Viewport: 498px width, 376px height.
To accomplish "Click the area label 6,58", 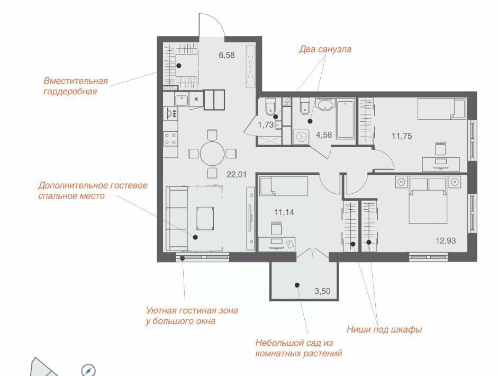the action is coord(227,55).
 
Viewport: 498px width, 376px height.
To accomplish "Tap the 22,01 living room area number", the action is coord(237,174).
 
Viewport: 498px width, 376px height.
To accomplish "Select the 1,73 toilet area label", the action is coord(266,125).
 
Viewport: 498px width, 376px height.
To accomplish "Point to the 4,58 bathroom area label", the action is coord(324,135).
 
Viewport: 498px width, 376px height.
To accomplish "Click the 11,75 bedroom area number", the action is coord(402,136).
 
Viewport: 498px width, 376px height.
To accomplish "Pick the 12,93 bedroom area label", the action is coord(446,240).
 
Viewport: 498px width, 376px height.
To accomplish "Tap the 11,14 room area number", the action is coord(284,212).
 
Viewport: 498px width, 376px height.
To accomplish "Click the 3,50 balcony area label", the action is coord(322,291).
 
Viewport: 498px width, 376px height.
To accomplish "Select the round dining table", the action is coord(212,154).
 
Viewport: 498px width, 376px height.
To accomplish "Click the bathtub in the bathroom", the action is coord(346,119).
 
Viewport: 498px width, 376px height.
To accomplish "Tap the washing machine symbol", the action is coord(301,136).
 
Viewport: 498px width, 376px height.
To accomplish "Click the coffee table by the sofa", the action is coord(205,218).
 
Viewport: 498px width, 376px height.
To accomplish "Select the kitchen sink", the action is coord(182,100).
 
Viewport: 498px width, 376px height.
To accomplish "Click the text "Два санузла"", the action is coord(325,49).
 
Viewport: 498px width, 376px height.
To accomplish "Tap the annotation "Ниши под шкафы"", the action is coord(384,329).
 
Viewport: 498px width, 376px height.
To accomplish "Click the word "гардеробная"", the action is coord(70,92).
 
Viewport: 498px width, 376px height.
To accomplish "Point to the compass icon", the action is coord(88,370).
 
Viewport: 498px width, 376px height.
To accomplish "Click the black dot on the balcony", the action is coord(297,285).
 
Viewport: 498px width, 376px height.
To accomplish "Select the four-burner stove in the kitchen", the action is coord(170,139).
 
